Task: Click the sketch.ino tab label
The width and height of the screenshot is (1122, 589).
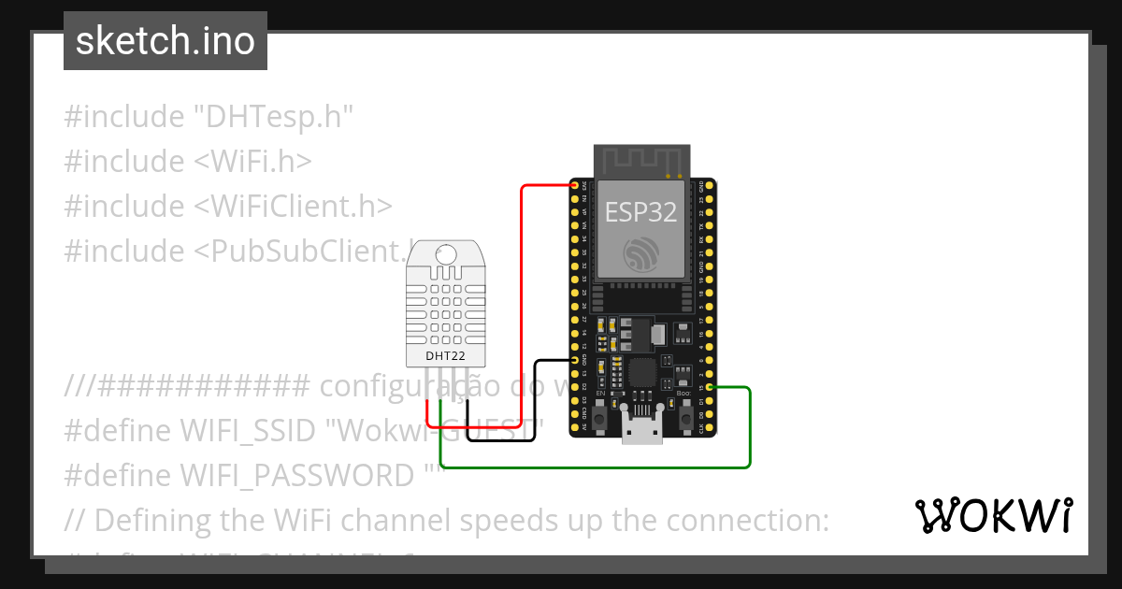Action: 165,41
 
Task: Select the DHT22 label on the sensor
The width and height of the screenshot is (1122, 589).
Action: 446,356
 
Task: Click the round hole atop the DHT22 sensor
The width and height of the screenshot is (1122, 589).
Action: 446,252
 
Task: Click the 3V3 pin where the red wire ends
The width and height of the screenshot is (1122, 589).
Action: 574,186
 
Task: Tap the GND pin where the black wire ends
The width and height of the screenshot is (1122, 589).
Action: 574,360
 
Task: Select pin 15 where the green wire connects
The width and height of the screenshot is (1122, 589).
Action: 711,387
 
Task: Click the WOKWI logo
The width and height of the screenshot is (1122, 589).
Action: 992,515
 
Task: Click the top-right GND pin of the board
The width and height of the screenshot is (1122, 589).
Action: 711,186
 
